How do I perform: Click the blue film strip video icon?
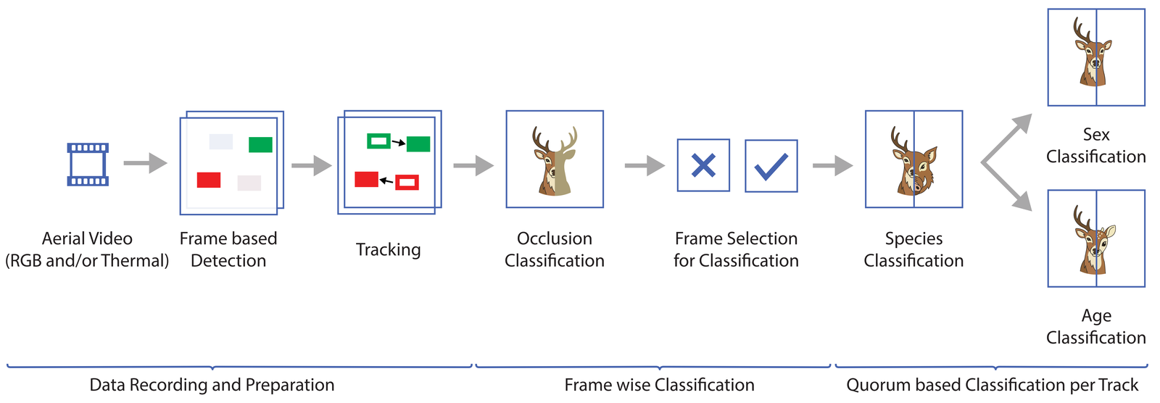[88, 165]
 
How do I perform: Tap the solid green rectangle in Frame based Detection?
[260, 144]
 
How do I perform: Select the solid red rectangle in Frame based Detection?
[209, 180]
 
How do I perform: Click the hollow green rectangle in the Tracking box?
[378, 141]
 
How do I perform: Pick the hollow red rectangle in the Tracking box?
[407, 183]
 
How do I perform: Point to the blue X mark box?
[703, 165]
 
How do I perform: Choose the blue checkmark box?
[771, 166]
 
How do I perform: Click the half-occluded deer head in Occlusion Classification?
[555, 161]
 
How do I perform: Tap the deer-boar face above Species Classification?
[914, 161]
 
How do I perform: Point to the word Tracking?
[389, 250]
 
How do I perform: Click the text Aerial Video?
[87, 238]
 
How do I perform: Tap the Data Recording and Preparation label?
[212, 385]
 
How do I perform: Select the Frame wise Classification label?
[659, 385]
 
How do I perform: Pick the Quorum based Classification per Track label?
[993, 385]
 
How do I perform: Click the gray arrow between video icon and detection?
[146, 162]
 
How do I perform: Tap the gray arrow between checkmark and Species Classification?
[833, 166]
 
